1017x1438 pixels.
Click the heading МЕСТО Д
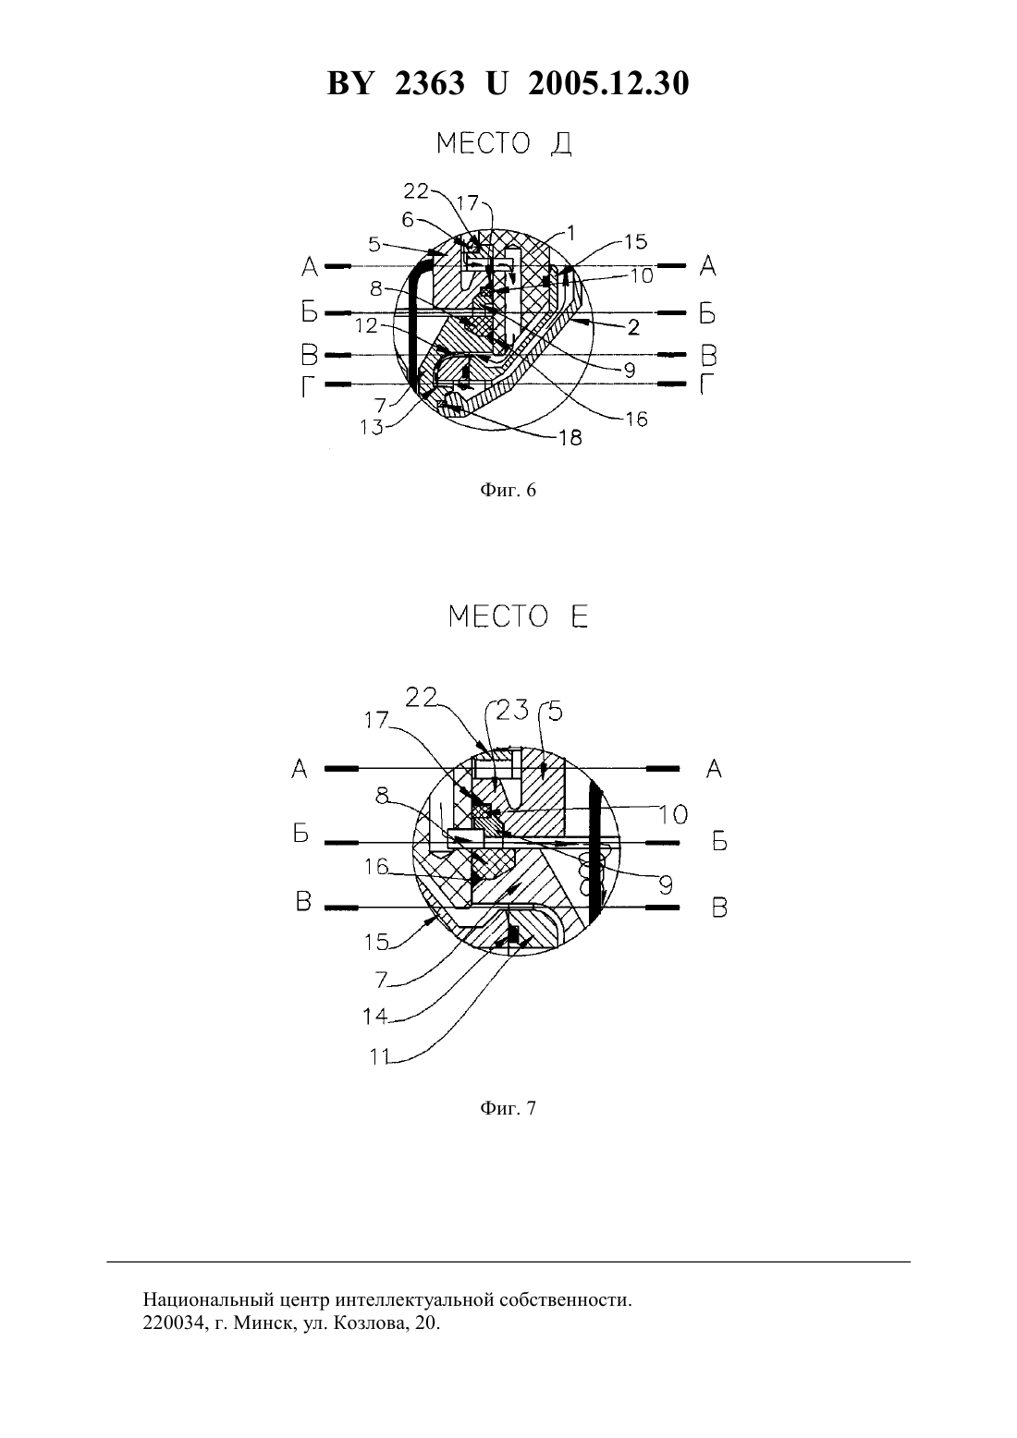pos(504,143)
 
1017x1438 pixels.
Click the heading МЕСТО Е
pos(518,617)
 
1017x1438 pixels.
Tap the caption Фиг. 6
pos(508,490)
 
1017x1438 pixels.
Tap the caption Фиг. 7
pos(508,1108)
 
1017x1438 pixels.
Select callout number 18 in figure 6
pos(570,437)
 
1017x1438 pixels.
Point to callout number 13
pos(371,427)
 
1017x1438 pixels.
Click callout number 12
pos(367,325)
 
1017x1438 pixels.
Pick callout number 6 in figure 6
pos(408,220)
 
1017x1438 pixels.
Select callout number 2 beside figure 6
pos(633,327)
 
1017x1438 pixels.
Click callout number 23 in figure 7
pos(511,710)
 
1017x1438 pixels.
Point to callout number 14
pos(375,1017)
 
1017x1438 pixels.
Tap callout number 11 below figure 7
pos(380,1056)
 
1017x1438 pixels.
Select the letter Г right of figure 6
pos(706,384)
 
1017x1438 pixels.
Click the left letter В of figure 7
pos(303,902)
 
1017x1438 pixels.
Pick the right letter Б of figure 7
pos(719,841)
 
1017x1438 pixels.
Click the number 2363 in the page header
pos(430,83)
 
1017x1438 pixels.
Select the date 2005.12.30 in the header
pos(608,83)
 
